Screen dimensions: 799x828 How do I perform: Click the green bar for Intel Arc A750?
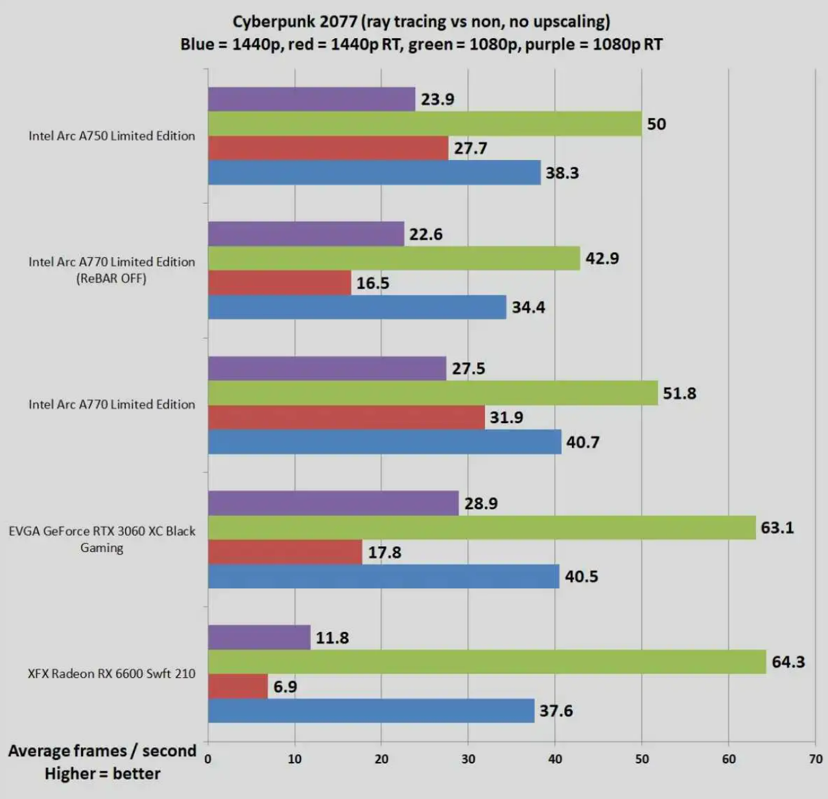click(x=425, y=124)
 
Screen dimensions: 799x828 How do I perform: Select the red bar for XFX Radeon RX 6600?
click(x=238, y=686)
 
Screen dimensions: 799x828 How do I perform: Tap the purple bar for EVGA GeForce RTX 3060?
click(x=333, y=504)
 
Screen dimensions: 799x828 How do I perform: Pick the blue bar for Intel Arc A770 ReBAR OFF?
click(x=357, y=307)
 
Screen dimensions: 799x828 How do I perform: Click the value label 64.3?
click(x=788, y=662)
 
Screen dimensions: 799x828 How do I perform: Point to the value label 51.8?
click(x=679, y=393)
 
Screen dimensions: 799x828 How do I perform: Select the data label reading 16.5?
click(x=372, y=283)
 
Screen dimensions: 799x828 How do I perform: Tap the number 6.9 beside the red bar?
click(x=285, y=686)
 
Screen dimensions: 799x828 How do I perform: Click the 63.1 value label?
click(x=777, y=527)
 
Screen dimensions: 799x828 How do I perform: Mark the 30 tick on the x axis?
click(x=468, y=759)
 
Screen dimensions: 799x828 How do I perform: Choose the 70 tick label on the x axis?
click(x=815, y=759)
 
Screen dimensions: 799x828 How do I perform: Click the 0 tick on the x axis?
click(x=208, y=759)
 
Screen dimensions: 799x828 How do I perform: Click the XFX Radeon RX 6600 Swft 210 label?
click(x=112, y=674)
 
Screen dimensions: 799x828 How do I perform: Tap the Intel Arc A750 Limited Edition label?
click(x=112, y=136)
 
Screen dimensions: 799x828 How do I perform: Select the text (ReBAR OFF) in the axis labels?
click(x=112, y=279)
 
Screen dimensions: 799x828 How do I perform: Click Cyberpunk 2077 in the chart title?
click(x=294, y=21)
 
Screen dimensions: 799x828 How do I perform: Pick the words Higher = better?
click(x=102, y=774)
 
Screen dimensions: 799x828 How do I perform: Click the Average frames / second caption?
click(x=102, y=751)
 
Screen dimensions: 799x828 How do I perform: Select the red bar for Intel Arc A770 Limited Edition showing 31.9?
click(x=346, y=417)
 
